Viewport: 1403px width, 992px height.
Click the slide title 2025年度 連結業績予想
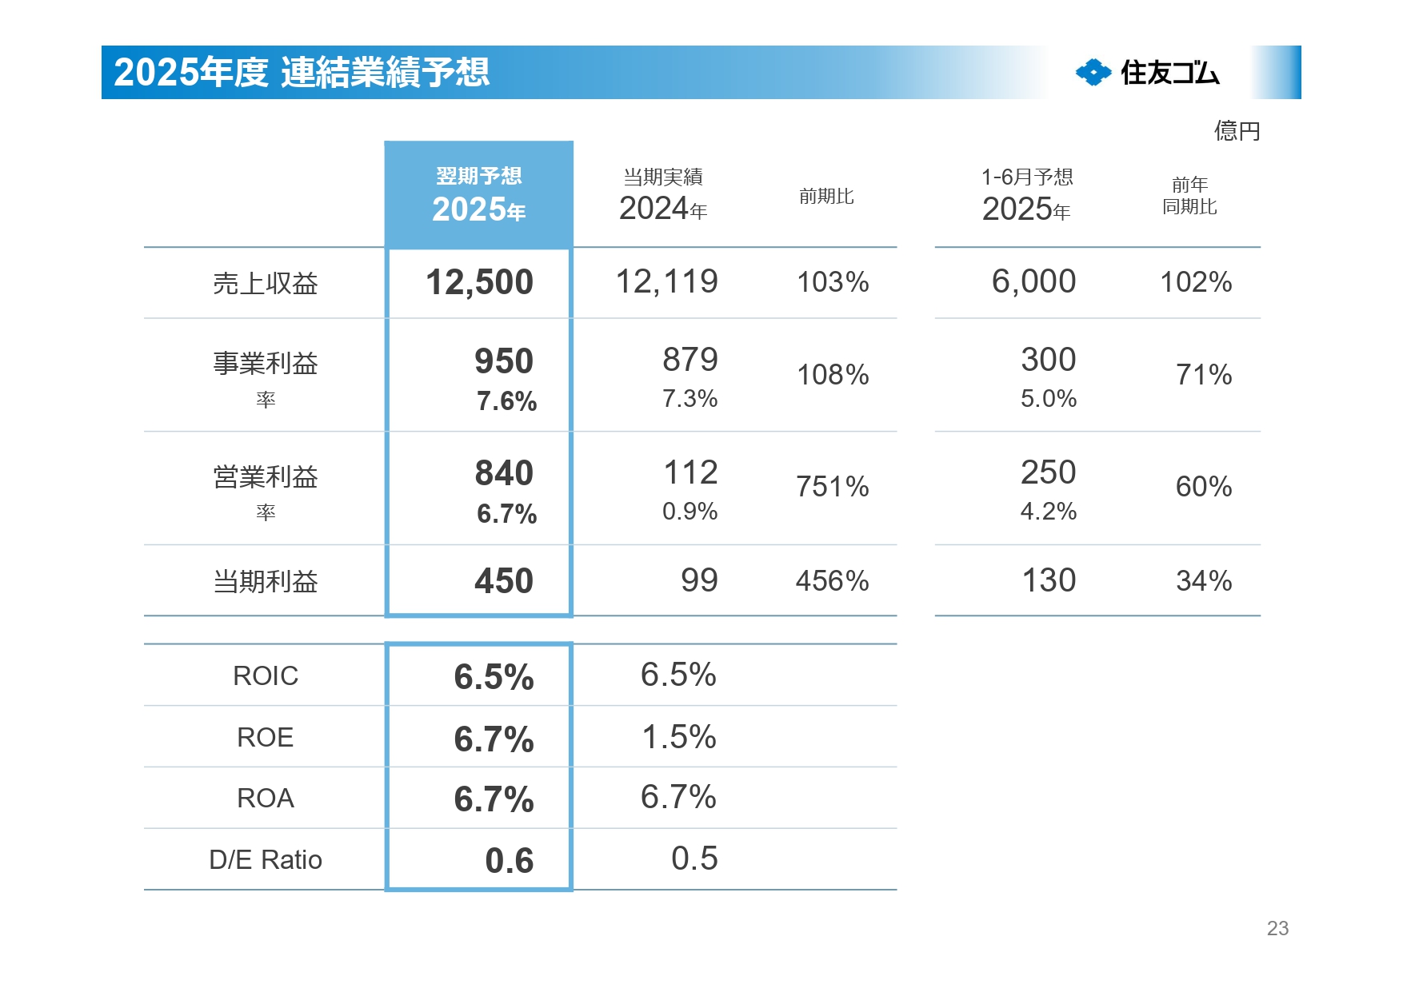(x=301, y=73)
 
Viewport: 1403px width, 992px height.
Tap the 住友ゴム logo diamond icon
(x=1093, y=73)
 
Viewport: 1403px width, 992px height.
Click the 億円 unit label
(x=1236, y=130)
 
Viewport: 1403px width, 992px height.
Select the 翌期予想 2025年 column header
(x=478, y=195)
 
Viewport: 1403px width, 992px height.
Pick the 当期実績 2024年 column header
(x=663, y=195)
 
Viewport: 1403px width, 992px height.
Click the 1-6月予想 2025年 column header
(x=1026, y=195)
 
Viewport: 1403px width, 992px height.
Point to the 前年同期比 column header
(x=1189, y=196)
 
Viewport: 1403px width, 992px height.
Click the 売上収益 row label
(x=265, y=284)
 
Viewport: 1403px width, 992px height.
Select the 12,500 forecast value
(x=479, y=282)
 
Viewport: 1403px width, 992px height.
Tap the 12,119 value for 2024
(x=666, y=281)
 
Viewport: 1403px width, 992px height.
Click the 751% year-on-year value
(x=832, y=487)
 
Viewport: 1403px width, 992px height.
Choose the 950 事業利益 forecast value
(x=503, y=361)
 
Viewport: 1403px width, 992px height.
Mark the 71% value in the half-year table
(x=1203, y=375)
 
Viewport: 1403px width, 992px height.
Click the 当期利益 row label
(x=265, y=581)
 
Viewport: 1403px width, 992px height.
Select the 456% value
(x=832, y=581)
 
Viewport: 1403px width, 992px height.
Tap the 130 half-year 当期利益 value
(x=1048, y=580)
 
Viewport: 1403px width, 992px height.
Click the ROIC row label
(x=265, y=676)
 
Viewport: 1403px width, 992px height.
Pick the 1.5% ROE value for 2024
(x=678, y=737)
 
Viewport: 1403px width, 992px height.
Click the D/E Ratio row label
(x=265, y=860)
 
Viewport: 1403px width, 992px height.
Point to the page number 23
(x=1277, y=928)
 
